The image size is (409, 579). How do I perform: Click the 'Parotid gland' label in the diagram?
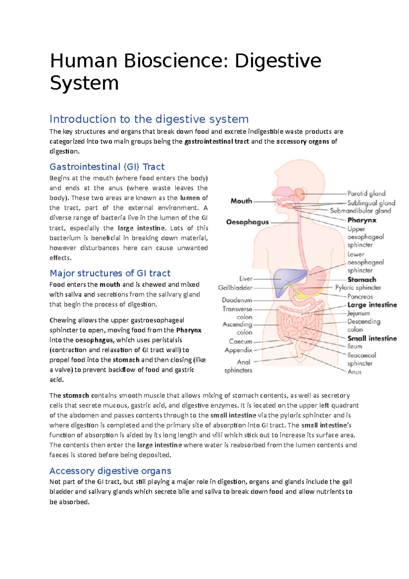(x=366, y=194)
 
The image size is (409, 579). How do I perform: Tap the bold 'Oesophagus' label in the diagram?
(x=247, y=222)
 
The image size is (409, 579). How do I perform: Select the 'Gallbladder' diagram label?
(x=235, y=288)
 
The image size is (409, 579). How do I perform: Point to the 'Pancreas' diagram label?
(x=360, y=297)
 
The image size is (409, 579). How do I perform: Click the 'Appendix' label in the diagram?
(x=238, y=350)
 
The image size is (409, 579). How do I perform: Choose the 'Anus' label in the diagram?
(x=354, y=372)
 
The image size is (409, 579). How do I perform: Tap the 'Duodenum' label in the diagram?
(x=237, y=300)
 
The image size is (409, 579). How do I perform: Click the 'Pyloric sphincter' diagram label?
(x=358, y=288)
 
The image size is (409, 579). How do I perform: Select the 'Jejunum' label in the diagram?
(x=358, y=313)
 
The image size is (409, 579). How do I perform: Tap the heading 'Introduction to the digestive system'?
(x=149, y=119)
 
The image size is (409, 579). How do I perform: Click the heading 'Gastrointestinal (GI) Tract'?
(x=107, y=167)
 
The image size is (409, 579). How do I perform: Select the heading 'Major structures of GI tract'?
(x=110, y=273)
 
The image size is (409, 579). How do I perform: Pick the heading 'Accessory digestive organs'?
(x=110, y=471)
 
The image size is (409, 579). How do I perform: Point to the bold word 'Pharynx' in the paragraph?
(x=188, y=330)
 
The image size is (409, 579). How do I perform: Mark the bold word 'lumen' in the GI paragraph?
(x=190, y=198)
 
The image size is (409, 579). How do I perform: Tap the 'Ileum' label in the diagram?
(x=354, y=346)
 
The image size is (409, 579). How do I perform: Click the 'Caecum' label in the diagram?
(x=240, y=341)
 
